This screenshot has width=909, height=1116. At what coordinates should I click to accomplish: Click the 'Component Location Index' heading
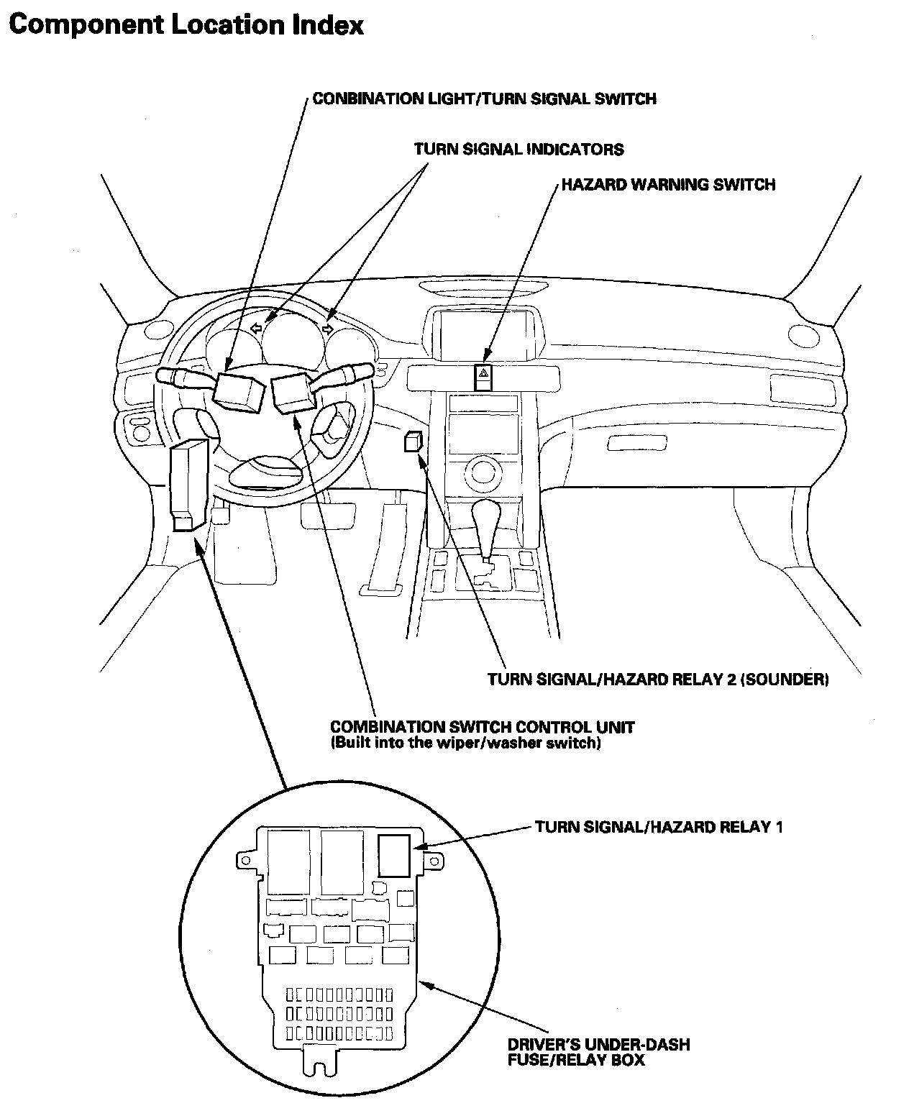click(x=186, y=26)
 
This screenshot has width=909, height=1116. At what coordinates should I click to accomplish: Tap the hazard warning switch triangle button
click(x=484, y=374)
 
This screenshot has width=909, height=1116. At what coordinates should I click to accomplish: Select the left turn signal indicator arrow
click(x=255, y=328)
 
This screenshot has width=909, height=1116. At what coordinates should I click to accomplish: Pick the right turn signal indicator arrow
click(x=327, y=329)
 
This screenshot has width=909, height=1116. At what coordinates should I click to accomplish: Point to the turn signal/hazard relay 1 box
click(x=393, y=855)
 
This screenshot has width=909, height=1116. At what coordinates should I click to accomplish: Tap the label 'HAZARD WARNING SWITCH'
click(x=668, y=185)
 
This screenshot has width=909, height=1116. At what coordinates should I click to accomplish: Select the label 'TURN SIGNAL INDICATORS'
click(x=519, y=150)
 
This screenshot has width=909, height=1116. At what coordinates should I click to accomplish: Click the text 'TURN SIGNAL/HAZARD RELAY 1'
click(x=659, y=827)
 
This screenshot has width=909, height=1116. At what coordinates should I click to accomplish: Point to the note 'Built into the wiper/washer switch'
click(x=465, y=744)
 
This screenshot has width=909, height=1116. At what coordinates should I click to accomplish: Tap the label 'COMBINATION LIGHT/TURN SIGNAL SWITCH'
click(x=484, y=99)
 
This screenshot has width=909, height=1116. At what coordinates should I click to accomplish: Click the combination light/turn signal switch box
click(x=237, y=391)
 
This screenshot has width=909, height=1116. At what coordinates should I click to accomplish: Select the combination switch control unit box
click(x=291, y=393)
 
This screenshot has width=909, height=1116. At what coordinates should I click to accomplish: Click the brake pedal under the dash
click(x=327, y=515)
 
